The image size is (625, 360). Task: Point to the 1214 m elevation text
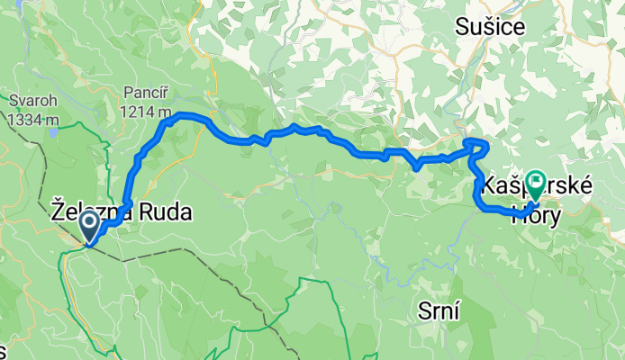[x=147, y=111]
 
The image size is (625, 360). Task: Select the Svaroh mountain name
[x=32, y=100]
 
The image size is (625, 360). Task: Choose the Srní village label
[x=440, y=310]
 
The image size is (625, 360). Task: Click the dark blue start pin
[x=90, y=225]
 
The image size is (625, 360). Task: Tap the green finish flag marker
[x=535, y=185]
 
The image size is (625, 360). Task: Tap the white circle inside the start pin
[x=90, y=221]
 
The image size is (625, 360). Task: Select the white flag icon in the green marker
[x=535, y=183]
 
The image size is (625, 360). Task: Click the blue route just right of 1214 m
[x=180, y=114]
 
